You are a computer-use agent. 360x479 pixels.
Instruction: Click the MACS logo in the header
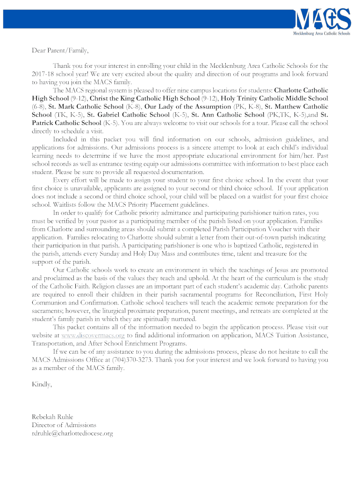(x=322, y=20)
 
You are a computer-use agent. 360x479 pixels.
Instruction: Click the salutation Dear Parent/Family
(x=60, y=50)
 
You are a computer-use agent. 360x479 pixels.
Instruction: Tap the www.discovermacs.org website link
(x=93, y=335)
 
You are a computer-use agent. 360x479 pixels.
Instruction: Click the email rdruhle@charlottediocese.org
(x=72, y=434)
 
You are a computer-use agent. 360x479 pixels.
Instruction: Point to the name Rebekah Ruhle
(x=52, y=417)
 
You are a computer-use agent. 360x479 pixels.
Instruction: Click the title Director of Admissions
(x=64, y=425)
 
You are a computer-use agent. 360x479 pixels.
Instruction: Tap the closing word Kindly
(x=42, y=384)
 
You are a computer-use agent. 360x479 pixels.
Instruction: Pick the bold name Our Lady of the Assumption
(x=188, y=107)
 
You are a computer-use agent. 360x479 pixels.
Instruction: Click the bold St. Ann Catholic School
(x=228, y=115)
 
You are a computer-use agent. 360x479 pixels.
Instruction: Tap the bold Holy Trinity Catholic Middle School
(x=274, y=98)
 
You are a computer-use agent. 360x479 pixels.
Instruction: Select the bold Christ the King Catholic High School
(x=144, y=98)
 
